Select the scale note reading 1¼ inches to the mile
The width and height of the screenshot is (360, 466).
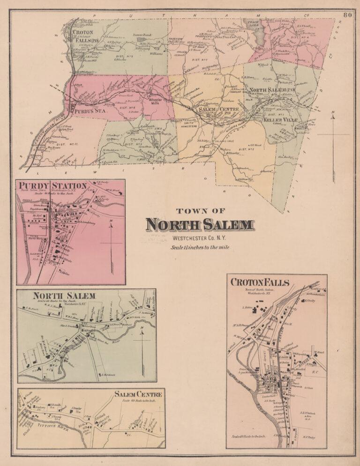pos(200,247)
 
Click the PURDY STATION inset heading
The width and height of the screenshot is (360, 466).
pos(53,186)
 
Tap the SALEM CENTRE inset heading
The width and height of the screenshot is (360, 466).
pos(138,394)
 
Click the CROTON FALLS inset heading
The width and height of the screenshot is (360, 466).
pos(259,282)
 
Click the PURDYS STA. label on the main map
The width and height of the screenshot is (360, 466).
pos(88,111)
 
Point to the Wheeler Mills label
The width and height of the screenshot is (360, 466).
pos(154,101)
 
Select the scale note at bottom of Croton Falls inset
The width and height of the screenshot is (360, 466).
pos(248,436)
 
